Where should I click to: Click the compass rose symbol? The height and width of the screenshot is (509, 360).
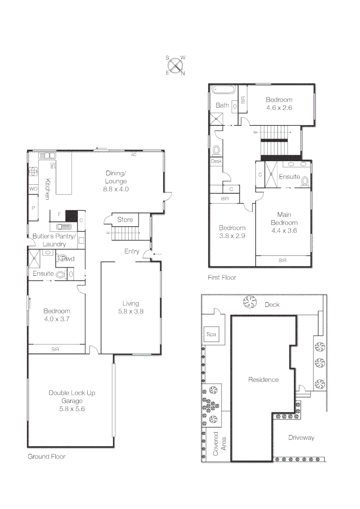pyautogui.click(x=175, y=66)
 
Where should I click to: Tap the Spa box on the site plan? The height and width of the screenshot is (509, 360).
pyautogui.click(x=210, y=334)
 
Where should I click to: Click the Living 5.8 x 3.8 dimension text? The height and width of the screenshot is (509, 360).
pyautogui.click(x=131, y=311)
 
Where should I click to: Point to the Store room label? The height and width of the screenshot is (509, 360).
pyautogui.click(x=125, y=220)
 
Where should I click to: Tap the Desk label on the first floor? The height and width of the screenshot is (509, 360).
pyautogui.click(x=216, y=161)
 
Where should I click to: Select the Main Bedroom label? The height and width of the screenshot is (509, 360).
pyautogui.click(x=284, y=218)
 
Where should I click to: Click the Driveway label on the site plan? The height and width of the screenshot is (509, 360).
pyautogui.click(x=301, y=437)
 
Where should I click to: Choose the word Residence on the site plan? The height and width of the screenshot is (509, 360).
pyautogui.click(x=263, y=379)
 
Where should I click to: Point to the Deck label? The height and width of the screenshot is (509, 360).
pyautogui.click(x=272, y=304)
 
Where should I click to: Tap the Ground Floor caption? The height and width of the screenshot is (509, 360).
pyautogui.click(x=46, y=456)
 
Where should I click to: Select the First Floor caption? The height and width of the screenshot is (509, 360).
pyautogui.click(x=222, y=278)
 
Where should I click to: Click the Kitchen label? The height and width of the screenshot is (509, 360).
pyautogui.click(x=47, y=189)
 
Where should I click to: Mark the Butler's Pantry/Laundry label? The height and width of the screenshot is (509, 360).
pyautogui.click(x=53, y=240)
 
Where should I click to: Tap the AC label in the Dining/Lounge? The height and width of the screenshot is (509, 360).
pyautogui.click(x=134, y=154)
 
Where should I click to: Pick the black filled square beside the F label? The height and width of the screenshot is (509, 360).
pyautogui.click(x=71, y=216)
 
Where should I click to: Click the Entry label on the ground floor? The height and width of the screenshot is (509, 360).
pyautogui.click(x=131, y=251)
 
